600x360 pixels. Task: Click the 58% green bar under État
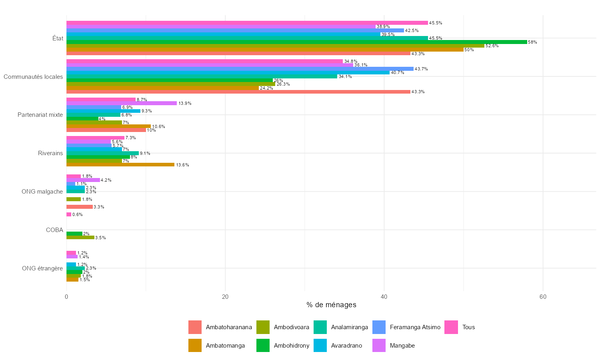pos(296,42)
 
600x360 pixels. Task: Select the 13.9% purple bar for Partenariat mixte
pos(122,103)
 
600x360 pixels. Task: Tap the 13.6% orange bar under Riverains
pos(120,164)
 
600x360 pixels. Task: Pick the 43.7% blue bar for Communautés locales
pos(240,69)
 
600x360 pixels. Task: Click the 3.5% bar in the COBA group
pos(80,237)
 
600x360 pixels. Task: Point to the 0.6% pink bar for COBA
pos(69,214)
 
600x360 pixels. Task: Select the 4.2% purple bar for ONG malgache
pos(83,180)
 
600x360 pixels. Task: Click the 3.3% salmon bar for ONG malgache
pos(80,207)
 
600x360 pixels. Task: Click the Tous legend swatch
pos(451,327)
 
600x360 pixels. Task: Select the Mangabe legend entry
pos(402,346)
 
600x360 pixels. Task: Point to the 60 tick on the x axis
pos(543,297)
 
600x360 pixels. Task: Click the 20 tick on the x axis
pos(225,297)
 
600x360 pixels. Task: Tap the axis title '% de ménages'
pos(331,305)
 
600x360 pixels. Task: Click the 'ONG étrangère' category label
pos(42,268)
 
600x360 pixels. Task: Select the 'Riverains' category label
pos(50,153)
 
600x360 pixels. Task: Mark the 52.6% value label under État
pos(492,46)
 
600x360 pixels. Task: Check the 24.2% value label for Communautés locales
pos(266,88)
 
